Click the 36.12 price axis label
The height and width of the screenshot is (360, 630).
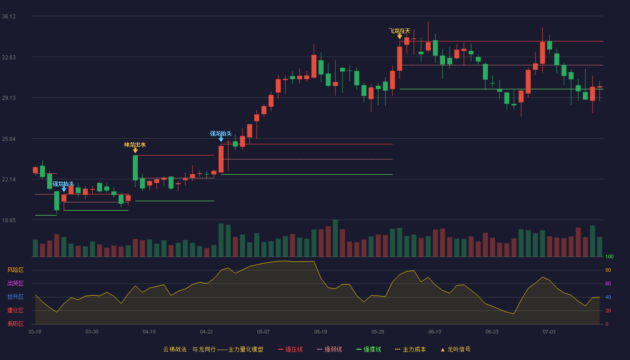click(x=9, y=17)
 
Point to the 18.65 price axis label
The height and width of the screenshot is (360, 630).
click(x=9, y=220)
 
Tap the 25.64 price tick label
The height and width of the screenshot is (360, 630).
click(x=9, y=139)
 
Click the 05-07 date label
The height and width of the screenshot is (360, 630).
click(x=263, y=332)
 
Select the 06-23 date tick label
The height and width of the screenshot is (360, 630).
click(x=492, y=332)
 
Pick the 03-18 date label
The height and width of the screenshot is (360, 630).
click(x=35, y=332)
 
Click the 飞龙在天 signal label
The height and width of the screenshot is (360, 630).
click(x=400, y=31)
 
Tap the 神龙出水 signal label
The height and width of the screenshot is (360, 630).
click(x=135, y=145)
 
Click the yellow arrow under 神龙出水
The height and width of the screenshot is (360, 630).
click(x=135, y=151)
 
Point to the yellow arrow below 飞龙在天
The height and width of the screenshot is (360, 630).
click(x=400, y=36)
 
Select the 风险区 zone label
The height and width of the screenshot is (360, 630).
click(x=15, y=270)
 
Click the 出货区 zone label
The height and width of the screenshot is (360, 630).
click(x=15, y=283)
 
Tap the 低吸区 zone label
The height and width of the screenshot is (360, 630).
click(x=15, y=324)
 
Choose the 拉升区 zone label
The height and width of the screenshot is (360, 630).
click(x=15, y=297)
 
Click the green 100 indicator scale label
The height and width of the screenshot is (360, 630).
click(x=609, y=256)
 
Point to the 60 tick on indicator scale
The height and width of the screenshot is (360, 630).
click(x=608, y=283)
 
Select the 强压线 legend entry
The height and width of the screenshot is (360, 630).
click(x=290, y=349)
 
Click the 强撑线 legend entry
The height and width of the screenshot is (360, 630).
click(x=369, y=349)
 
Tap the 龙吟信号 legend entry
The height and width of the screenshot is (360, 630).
click(x=455, y=349)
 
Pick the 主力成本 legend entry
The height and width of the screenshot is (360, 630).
click(x=410, y=349)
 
